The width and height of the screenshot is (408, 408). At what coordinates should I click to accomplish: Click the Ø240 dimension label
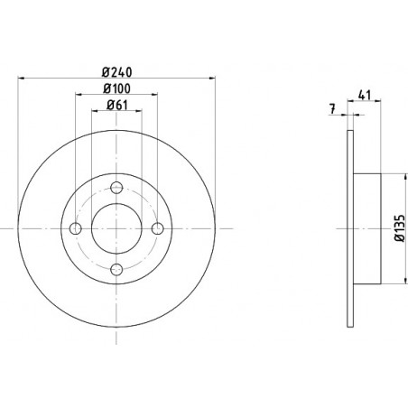point(117,72)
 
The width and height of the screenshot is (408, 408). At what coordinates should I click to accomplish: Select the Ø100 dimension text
point(116,88)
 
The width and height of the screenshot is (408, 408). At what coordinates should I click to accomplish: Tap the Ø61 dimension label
point(117,105)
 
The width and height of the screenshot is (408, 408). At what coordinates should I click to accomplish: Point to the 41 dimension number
point(364,95)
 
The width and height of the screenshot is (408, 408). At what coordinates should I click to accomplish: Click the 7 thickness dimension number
point(332,108)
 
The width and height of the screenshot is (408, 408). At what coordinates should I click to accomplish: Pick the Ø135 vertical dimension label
point(400,228)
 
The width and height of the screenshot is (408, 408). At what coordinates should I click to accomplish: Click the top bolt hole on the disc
point(116,188)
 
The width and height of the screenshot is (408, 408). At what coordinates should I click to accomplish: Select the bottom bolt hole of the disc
point(116,270)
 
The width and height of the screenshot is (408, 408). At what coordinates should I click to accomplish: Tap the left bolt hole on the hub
point(76,228)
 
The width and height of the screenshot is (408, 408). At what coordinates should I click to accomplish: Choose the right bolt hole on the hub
point(158,228)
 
